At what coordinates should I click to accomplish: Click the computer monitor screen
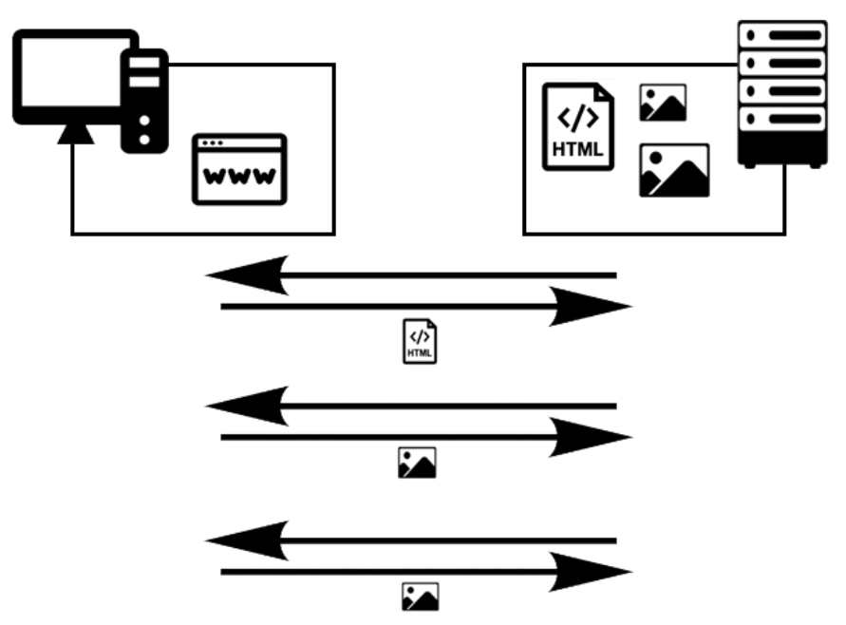tap(68, 73)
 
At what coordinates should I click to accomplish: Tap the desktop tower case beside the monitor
tap(144, 103)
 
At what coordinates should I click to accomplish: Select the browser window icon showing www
tap(239, 169)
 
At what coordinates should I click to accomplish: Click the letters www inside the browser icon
tap(239, 177)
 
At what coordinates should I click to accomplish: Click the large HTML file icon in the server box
tap(577, 127)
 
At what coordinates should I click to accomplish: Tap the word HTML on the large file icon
tap(577, 150)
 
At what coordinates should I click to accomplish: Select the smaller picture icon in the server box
tap(663, 103)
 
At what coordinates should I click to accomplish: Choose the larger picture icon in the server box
tap(674, 170)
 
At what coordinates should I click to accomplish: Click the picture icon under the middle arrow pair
tap(417, 463)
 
